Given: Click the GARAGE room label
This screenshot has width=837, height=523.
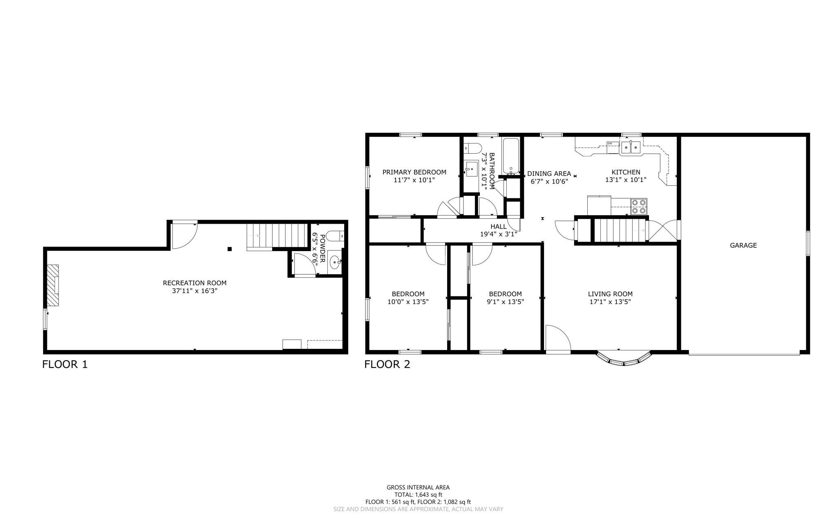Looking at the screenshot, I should (743, 245).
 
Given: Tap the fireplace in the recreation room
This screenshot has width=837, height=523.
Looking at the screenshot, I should (52, 285).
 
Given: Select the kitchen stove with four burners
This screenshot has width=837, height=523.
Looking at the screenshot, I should (639, 207).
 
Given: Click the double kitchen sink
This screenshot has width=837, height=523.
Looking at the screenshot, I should (631, 148).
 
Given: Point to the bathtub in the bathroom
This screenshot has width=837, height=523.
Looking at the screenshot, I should (511, 157).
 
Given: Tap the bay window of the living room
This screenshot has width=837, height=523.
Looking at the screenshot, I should (624, 358).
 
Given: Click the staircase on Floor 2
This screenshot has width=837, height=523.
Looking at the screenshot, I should (619, 231).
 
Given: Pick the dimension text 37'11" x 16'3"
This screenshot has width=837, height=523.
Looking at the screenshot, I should (195, 291).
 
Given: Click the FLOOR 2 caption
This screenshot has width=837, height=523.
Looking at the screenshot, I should (387, 364).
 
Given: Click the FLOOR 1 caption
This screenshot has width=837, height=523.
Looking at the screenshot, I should (65, 364).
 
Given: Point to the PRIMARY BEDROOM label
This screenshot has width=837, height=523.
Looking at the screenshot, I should (414, 172).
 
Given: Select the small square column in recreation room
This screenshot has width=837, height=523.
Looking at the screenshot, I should (230, 249).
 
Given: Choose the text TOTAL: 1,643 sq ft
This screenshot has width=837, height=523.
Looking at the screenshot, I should (418, 494).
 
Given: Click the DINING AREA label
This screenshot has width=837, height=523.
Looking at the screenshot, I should (549, 173).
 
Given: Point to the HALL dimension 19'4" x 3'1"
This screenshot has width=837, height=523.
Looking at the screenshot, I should (499, 234).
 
